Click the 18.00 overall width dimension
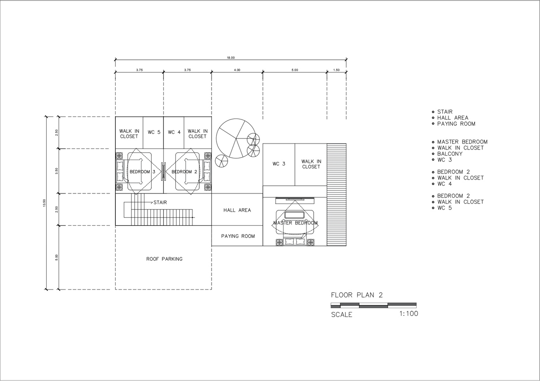point(231,58)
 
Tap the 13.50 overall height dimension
point(44,203)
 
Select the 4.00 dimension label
point(237,70)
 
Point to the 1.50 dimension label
point(336,70)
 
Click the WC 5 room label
point(154,132)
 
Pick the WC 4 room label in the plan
point(174,132)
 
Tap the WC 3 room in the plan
point(278,164)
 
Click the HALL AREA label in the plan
point(237,210)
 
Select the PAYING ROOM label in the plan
point(238,236)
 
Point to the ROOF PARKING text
point(164,259)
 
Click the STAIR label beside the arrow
point(160,202)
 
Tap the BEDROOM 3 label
point(142,172)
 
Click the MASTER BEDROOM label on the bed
point(295,223)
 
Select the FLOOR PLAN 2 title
point(357,295)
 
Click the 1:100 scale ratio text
point(409,314)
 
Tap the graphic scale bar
point(373,305)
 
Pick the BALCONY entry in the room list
point(450,154)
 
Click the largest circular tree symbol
point(236,138)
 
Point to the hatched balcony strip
point(337,195)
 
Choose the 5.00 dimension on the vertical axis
point(57,257)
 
